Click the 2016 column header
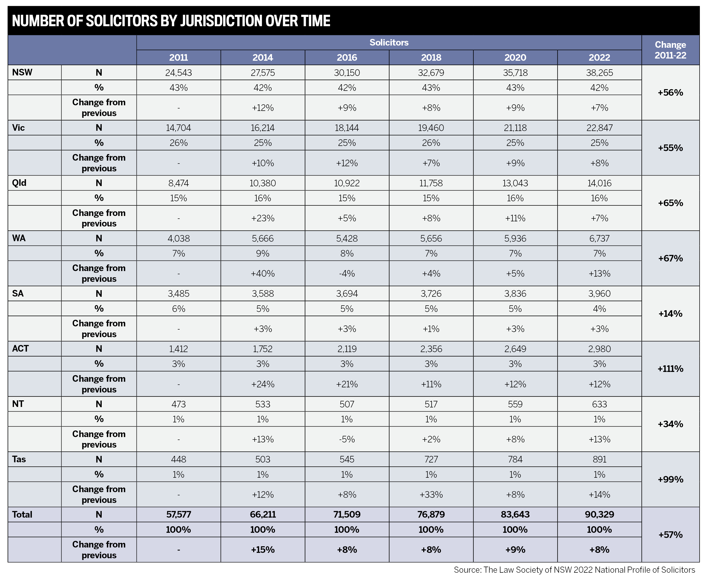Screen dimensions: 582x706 347,57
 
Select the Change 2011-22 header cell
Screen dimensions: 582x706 670,50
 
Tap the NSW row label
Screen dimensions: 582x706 22,72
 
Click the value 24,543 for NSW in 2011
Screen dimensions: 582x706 178,73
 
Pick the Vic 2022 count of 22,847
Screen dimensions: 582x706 599,128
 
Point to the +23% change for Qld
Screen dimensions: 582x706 263,218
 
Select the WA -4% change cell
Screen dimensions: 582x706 347,273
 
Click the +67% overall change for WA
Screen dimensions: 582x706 670,258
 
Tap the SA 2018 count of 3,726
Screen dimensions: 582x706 431,294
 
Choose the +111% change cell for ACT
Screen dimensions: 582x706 670,369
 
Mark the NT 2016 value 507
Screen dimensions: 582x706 347,404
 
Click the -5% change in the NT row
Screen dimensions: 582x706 347,439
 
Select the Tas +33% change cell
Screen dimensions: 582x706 431,495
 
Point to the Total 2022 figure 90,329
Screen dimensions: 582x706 599,514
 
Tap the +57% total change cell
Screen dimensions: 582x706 670,534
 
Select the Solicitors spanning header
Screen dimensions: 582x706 389,43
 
